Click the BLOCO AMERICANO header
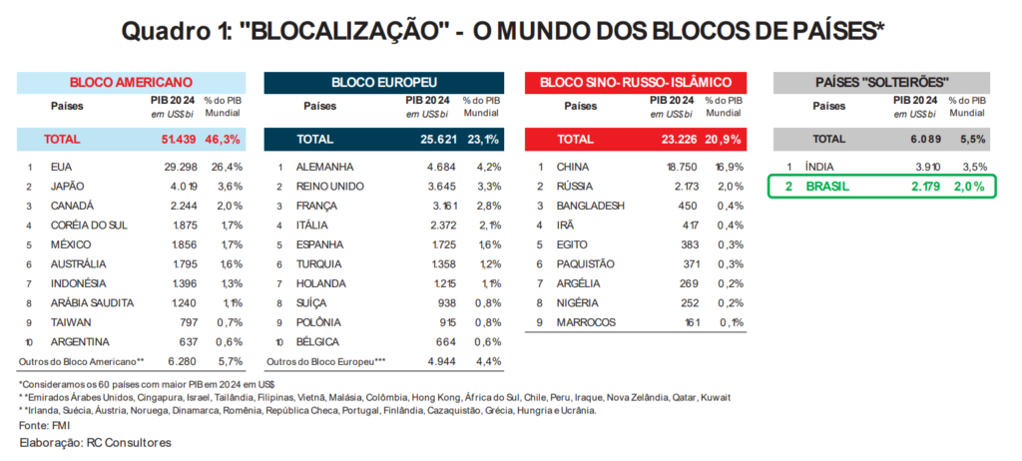(x=131, y=82)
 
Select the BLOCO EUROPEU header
(x=383, y=82)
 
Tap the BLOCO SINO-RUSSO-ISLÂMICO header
(x=637, y=82)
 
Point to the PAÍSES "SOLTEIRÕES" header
(x=881, y=82)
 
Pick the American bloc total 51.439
(x=168, y=139)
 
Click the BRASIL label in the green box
(x=828, y=187)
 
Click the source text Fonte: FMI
(x=44, y=424)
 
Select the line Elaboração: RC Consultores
(x=95, y=441)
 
